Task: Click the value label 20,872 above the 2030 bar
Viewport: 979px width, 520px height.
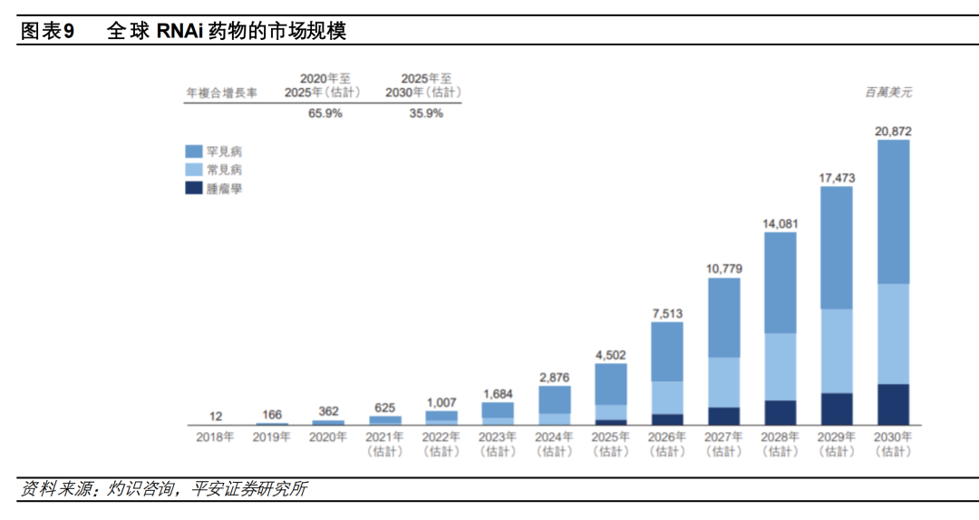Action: (893, 132)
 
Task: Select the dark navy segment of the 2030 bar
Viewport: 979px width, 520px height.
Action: (893, 404)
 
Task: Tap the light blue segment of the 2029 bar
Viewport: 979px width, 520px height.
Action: (837, 350)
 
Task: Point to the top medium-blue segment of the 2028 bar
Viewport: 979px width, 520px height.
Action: (780, 282)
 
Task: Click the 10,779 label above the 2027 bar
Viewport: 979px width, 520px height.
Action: (724, 269)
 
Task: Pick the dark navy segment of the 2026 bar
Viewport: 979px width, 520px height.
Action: (668, 419)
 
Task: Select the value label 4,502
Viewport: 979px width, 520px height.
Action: (611, 355)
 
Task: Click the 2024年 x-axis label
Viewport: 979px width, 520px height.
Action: (555, 437)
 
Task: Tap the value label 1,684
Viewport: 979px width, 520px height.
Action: (498, 394)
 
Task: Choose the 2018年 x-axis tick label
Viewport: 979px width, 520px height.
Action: (216, 437)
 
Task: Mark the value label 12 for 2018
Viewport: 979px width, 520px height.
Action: (216, 416)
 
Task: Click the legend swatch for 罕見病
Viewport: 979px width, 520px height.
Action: (193, 151)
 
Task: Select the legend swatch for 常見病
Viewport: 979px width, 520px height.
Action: (193, 170)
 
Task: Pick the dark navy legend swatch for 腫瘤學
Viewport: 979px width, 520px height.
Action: (193, 188)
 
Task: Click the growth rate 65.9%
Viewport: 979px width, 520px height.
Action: (325, 114)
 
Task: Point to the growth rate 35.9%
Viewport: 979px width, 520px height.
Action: (426, 114)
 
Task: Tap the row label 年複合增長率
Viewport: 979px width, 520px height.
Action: (221, 93)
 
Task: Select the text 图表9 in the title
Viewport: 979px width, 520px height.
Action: (46, 32)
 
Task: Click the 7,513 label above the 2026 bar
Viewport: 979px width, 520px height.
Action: (668, 314)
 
